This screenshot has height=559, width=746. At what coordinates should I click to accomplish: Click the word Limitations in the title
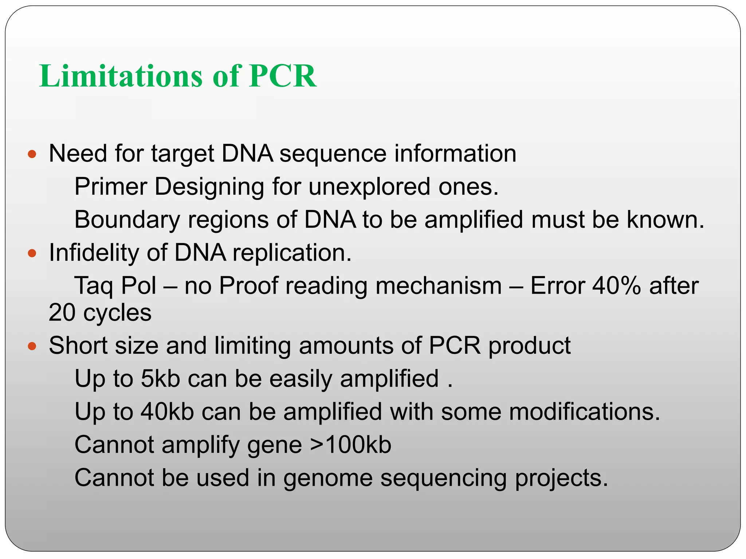tap(121, 76)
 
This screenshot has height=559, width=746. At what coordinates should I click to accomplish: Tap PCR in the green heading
tap(283, 76)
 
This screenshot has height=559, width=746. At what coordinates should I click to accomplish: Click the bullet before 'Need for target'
tap(32, 154)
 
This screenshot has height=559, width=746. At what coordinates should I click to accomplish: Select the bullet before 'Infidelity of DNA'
tap(32, 253)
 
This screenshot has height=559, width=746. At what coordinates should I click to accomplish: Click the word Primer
tap(110, 187)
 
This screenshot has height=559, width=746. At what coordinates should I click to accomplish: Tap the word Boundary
tap(127, 220)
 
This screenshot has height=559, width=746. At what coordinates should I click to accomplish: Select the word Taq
tap(94, 286)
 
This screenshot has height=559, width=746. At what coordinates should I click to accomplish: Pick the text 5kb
tap(160, 378)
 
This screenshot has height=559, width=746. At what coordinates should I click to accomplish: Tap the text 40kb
tap(167, 412)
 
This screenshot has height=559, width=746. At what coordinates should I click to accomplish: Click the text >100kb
tap(350, 445)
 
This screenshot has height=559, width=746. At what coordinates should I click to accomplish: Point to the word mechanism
tap(439, 286)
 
